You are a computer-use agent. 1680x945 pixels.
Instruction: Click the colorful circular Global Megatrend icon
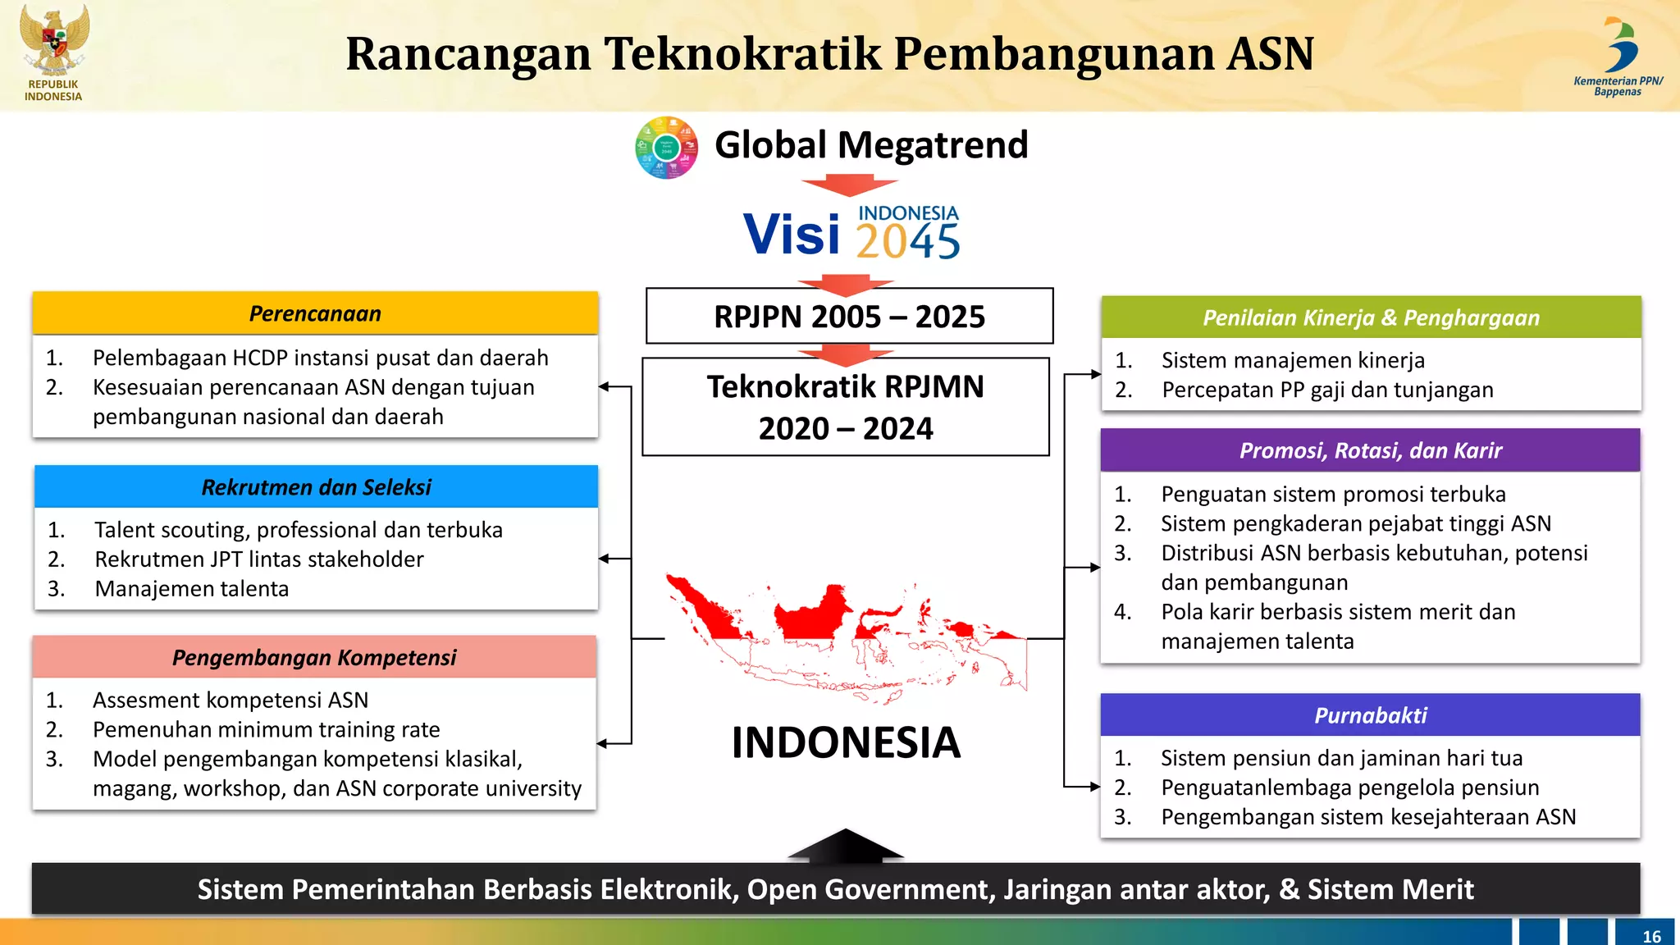coord(666,148)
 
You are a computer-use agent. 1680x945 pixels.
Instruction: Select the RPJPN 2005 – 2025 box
coord(849,317)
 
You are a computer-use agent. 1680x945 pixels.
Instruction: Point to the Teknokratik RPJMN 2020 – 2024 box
coord(846,408)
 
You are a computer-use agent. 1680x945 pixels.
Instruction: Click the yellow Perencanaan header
coord(315,313)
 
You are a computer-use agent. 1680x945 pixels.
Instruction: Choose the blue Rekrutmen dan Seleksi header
coord(316,487)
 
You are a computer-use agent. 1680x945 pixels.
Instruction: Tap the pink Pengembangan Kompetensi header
coord(314,657)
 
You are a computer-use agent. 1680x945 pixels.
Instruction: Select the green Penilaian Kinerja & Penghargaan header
coord(1371,318)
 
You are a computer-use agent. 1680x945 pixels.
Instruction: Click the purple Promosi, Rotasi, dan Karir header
coord(1370,450)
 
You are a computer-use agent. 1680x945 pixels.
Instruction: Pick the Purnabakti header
coord(1370,715)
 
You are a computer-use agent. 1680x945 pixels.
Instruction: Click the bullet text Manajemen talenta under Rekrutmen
coord(191,589)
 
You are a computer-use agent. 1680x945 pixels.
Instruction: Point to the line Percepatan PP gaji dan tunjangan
coord(1327,390)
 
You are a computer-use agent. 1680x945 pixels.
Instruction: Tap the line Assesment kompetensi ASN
coord(231,700)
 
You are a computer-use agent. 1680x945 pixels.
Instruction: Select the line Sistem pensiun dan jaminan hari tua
coord(1341,758)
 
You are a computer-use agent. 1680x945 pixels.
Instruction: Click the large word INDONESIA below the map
coord(846,742)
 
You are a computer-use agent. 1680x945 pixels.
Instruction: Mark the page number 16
coord(1651,936)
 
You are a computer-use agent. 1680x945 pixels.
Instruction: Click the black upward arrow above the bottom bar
coord(846,846)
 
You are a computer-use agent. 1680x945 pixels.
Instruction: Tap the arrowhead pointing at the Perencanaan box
coord(605,386)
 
